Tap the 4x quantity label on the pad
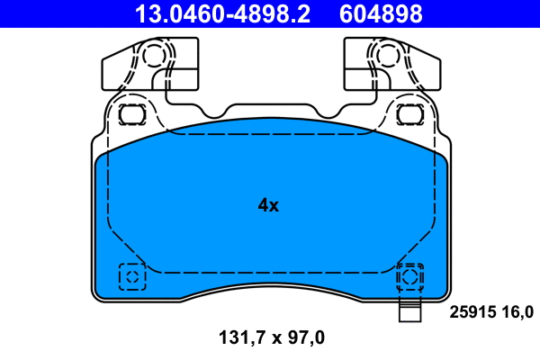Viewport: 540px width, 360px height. coord(268,205)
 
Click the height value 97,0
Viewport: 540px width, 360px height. coord(303,338)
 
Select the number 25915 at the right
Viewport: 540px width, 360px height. coord(472,312)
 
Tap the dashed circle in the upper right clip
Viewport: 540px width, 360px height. coord(387,56)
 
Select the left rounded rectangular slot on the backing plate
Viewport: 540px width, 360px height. coord(132,114)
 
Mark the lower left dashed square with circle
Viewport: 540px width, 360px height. coord(132,276)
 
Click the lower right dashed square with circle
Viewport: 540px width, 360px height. coord(409,276)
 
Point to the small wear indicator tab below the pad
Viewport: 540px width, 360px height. coord(409,314)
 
